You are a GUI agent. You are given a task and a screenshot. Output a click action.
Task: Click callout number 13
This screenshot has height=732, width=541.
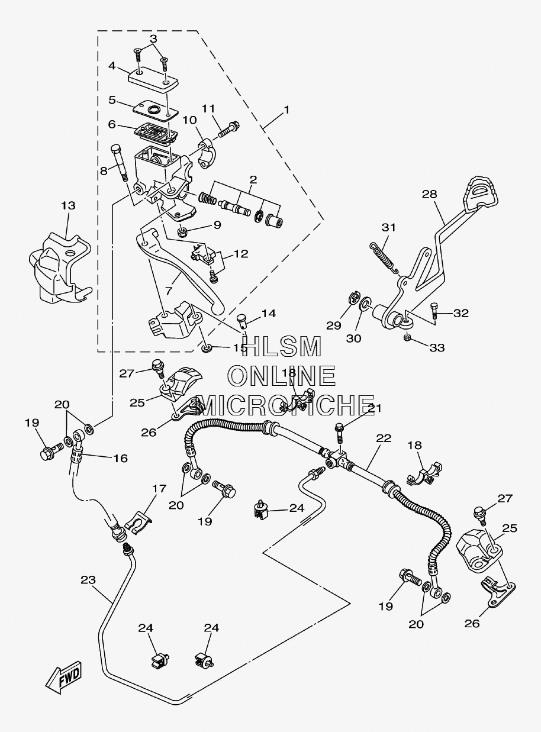click(68, 206)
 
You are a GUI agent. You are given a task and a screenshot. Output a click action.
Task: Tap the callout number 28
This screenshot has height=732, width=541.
click(430, 194)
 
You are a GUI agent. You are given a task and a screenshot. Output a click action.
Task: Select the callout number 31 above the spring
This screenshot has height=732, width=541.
click(388, 228)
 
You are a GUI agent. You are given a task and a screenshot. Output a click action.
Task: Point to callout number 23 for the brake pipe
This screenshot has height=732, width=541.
click(88, 579)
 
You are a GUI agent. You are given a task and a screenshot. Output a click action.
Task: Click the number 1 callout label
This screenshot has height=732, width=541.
click(286, 109)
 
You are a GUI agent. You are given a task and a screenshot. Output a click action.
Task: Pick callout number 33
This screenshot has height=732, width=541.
click(437, 348)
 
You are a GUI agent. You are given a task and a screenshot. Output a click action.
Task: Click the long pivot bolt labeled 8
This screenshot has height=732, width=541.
click(120, 163)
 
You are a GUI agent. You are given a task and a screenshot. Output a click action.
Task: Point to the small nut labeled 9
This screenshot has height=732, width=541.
click(182, 233)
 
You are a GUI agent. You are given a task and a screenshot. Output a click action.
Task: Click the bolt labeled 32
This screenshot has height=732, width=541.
click(434, 311)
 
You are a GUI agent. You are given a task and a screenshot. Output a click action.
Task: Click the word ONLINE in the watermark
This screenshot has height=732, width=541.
click(282, 376)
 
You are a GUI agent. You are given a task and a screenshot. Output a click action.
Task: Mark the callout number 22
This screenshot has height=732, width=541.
click(384, 438)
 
